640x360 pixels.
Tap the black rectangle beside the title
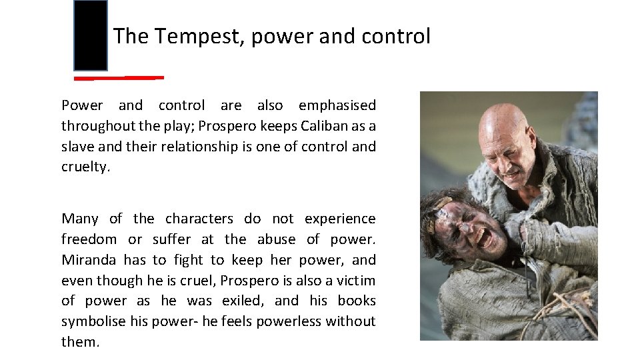pos(90,36)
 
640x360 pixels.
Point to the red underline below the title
pos(119,78)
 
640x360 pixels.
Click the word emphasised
pos(337,105)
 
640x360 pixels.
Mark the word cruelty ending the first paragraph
pos(85,167)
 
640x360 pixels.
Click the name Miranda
pos(87,260)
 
